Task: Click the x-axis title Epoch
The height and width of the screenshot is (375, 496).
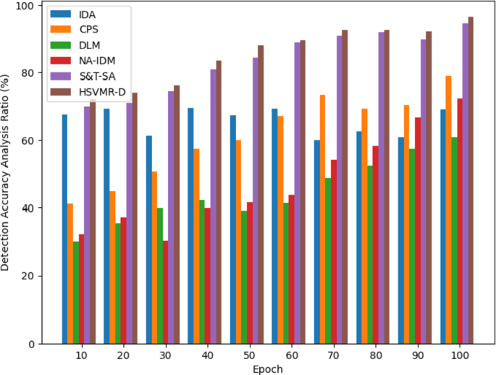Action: point(268,368)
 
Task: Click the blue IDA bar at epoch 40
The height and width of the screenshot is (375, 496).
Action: point(190,225)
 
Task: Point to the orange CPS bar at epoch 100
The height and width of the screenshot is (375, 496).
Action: point(448,209)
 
